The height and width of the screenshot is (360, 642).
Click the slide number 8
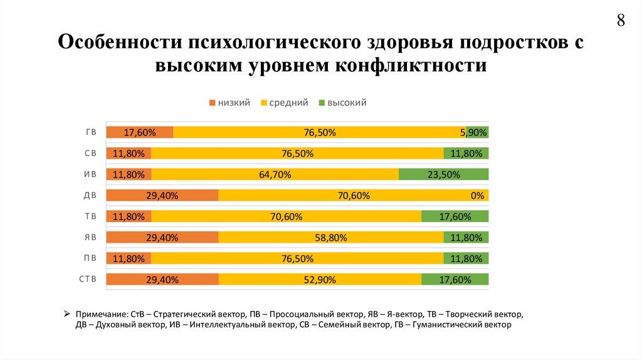(x=621, y=20)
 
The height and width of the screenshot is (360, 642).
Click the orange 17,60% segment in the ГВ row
(x=139, y=132)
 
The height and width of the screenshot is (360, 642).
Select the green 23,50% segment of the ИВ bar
(x=443, y=174)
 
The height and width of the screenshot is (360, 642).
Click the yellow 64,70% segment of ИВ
(x=275, y=174)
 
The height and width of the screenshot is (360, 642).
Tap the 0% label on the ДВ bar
(x=478, y=196)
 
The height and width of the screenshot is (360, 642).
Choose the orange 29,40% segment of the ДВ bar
(x=162, y=196)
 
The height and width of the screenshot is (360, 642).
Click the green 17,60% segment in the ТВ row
(x=455, y=216)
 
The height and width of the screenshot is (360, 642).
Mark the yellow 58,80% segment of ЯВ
(x=330, y=238)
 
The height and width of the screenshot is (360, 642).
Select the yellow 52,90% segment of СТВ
(x=320, y=280)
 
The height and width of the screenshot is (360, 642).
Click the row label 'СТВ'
(x=88, y=280)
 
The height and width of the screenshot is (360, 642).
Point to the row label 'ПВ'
(x=90, y=258)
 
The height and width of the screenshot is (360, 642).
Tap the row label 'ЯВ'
(x=90, y=238)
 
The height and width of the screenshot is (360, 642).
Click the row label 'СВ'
(x=90, y=153)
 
